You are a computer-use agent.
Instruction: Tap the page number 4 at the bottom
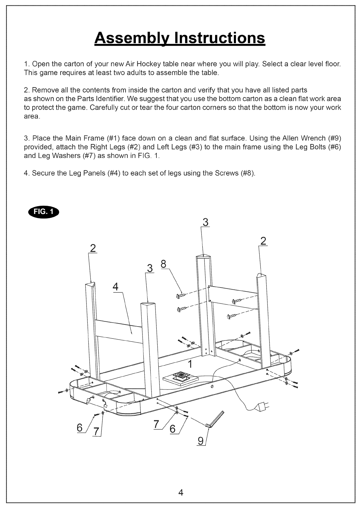[181, 492]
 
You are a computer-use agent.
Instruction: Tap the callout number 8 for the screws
[163, 264]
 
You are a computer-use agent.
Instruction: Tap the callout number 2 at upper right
[263, 241]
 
